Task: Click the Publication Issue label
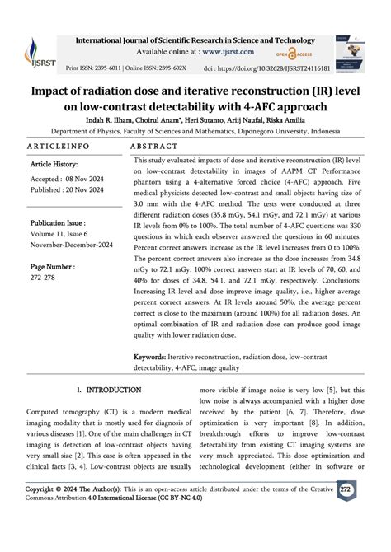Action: tap(62, 223)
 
